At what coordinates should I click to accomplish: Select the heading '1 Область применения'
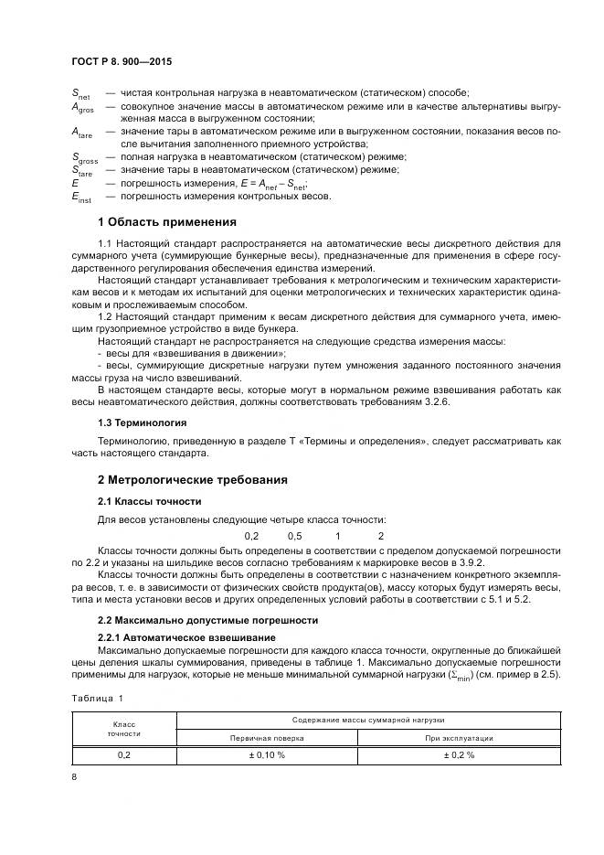(x=166, y=221)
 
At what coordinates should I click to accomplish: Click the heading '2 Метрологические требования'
(x=192, y=479)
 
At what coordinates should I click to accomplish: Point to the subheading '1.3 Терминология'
(x=142, y=422)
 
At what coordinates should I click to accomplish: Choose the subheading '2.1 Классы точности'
(x=149, y=501)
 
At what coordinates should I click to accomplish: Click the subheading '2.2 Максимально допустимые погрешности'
(x=207, y=619)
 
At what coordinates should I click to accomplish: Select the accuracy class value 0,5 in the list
(x=294, y=535)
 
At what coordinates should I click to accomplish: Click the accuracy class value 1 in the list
(x=337, y=535)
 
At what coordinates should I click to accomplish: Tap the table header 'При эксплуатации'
(x=459, y=737)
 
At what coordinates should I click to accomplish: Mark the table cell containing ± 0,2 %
(x=459, y=755)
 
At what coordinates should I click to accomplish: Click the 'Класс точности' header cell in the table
(x=123, y=728)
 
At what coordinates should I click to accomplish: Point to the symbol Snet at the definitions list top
(x=80, y=93)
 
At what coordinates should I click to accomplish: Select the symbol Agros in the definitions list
(x=82, y=107)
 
